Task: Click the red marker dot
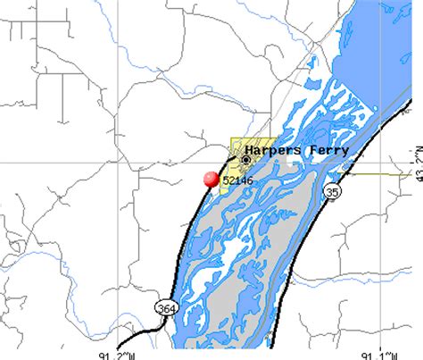211,179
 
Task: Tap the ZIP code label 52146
236,180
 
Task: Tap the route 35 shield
332,191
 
